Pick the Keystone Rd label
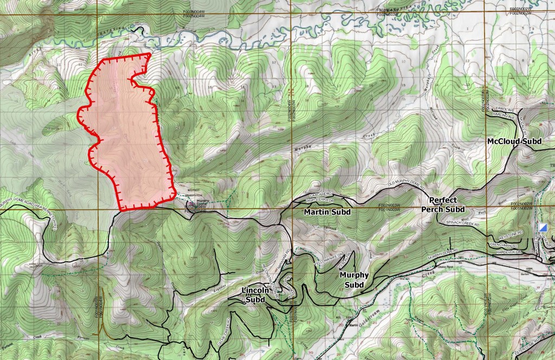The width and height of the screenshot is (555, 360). (512, 236)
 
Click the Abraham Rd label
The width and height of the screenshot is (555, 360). (286, 255)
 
